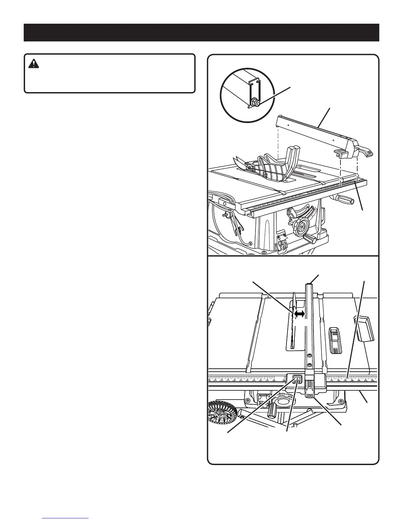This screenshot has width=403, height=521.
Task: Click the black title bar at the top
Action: (201, 33)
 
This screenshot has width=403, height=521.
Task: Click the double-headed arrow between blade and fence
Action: (299, 314)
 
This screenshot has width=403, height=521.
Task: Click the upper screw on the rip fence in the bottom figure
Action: (309, 355)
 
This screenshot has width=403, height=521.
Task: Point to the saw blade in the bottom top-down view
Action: (293, 326)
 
